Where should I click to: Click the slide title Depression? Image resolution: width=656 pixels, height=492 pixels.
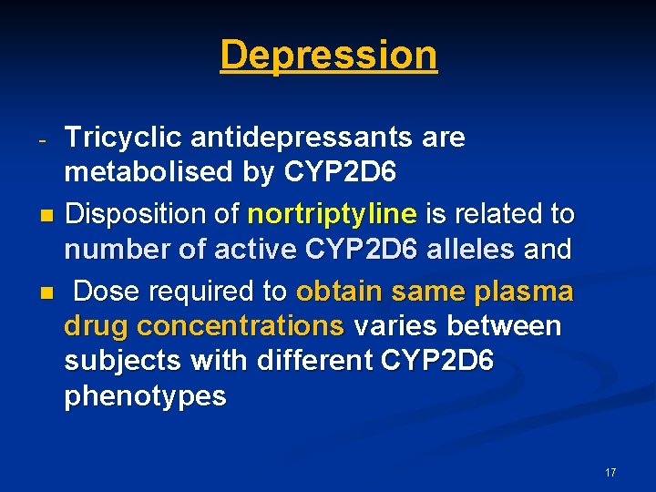tap(328, 55)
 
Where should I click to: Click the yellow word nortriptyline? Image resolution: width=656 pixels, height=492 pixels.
tap(332, 215)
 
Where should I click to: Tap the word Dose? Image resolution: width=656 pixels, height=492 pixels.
tap(106, 292)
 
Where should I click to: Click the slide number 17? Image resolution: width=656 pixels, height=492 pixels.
tap(610, 473)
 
